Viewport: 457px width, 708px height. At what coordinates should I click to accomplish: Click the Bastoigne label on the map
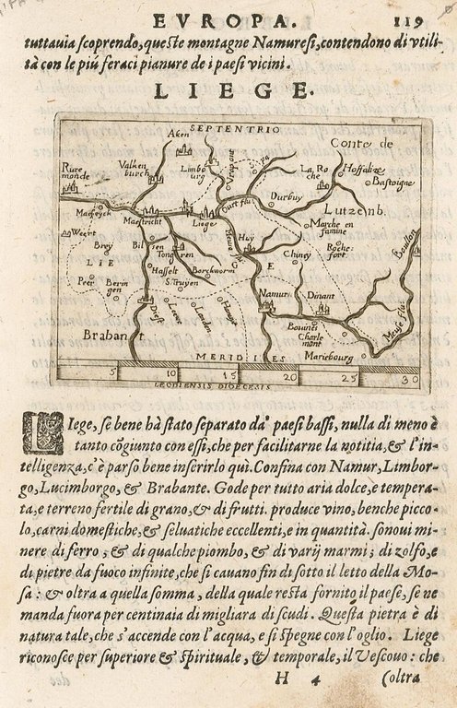[x=393, y=184]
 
